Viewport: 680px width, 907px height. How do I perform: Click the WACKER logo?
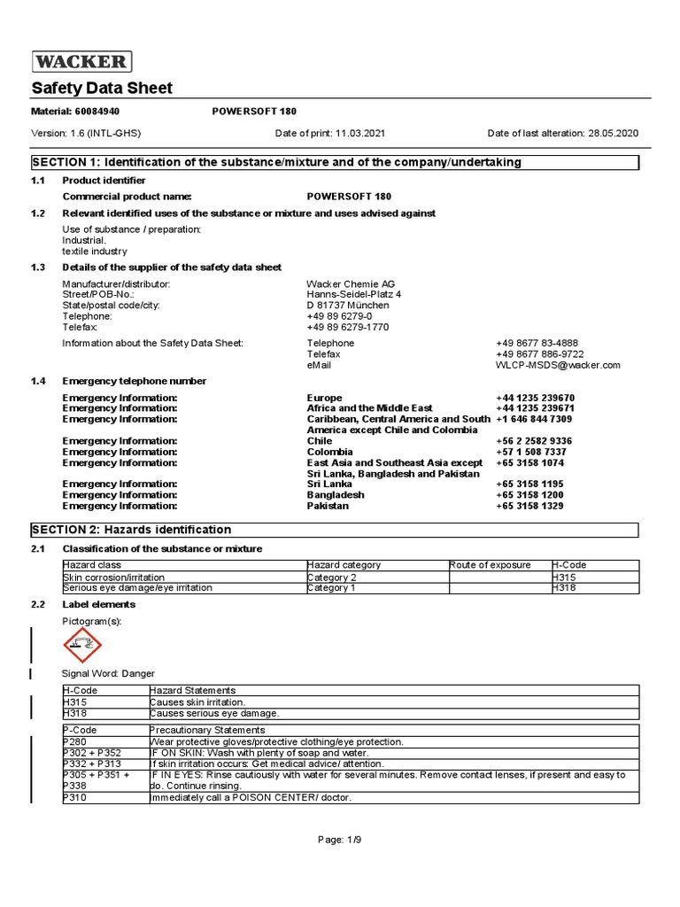click(x=82, y=61)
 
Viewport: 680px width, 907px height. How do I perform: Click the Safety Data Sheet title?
click(x=103, y=88)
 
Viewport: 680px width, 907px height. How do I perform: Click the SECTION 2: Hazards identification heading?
click(x=132, y=530)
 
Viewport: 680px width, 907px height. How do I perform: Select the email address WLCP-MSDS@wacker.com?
click(x=558, y=365)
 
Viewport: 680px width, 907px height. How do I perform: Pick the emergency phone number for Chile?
click(x=534, y=441)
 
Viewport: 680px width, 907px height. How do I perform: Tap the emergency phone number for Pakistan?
click(x=536, y=506)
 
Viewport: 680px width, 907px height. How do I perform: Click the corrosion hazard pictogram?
click(x=82, y=644)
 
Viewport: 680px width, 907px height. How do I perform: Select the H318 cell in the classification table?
click(x=564, y=587)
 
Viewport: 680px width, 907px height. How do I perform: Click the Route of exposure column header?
click(x=490, y=565)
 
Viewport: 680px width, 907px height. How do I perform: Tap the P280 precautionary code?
click(x=75, y=741)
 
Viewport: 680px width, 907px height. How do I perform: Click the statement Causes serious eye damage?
click(x=215, y=713)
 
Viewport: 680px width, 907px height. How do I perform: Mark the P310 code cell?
click(x=74, y=797)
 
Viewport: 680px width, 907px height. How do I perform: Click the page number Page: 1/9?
click(x=339, y=840)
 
